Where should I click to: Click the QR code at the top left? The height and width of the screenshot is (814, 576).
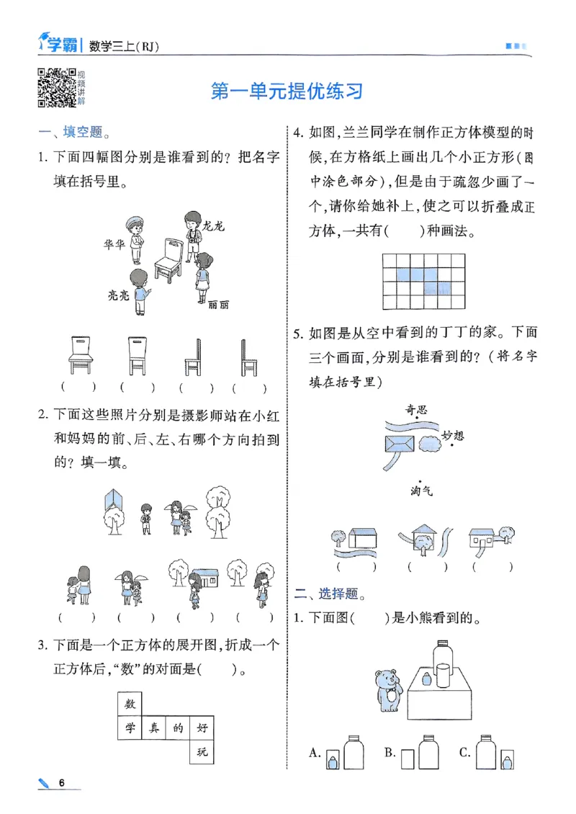(x=57, y=88)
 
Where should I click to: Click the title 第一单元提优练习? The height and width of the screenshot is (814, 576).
(x=286, y=91)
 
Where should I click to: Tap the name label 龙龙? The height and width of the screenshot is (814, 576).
(x=215, y=226)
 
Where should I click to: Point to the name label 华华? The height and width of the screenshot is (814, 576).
(x=115, y=244)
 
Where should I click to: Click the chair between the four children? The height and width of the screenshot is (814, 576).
(x=170, y=260)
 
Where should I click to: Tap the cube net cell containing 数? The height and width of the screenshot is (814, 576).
(x=130, y=704)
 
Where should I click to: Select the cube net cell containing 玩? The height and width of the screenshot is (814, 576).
(x=202, y=753)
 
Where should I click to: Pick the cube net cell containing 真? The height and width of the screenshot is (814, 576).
(x=154, y=728)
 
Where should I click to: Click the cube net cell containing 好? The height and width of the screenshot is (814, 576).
(x=202, y=728)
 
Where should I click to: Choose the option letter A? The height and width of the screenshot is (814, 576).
(x=314, y=753)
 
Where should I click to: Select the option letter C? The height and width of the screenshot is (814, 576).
(x=464, y=753)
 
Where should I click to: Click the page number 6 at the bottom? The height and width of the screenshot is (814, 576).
(x=62, y=783)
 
